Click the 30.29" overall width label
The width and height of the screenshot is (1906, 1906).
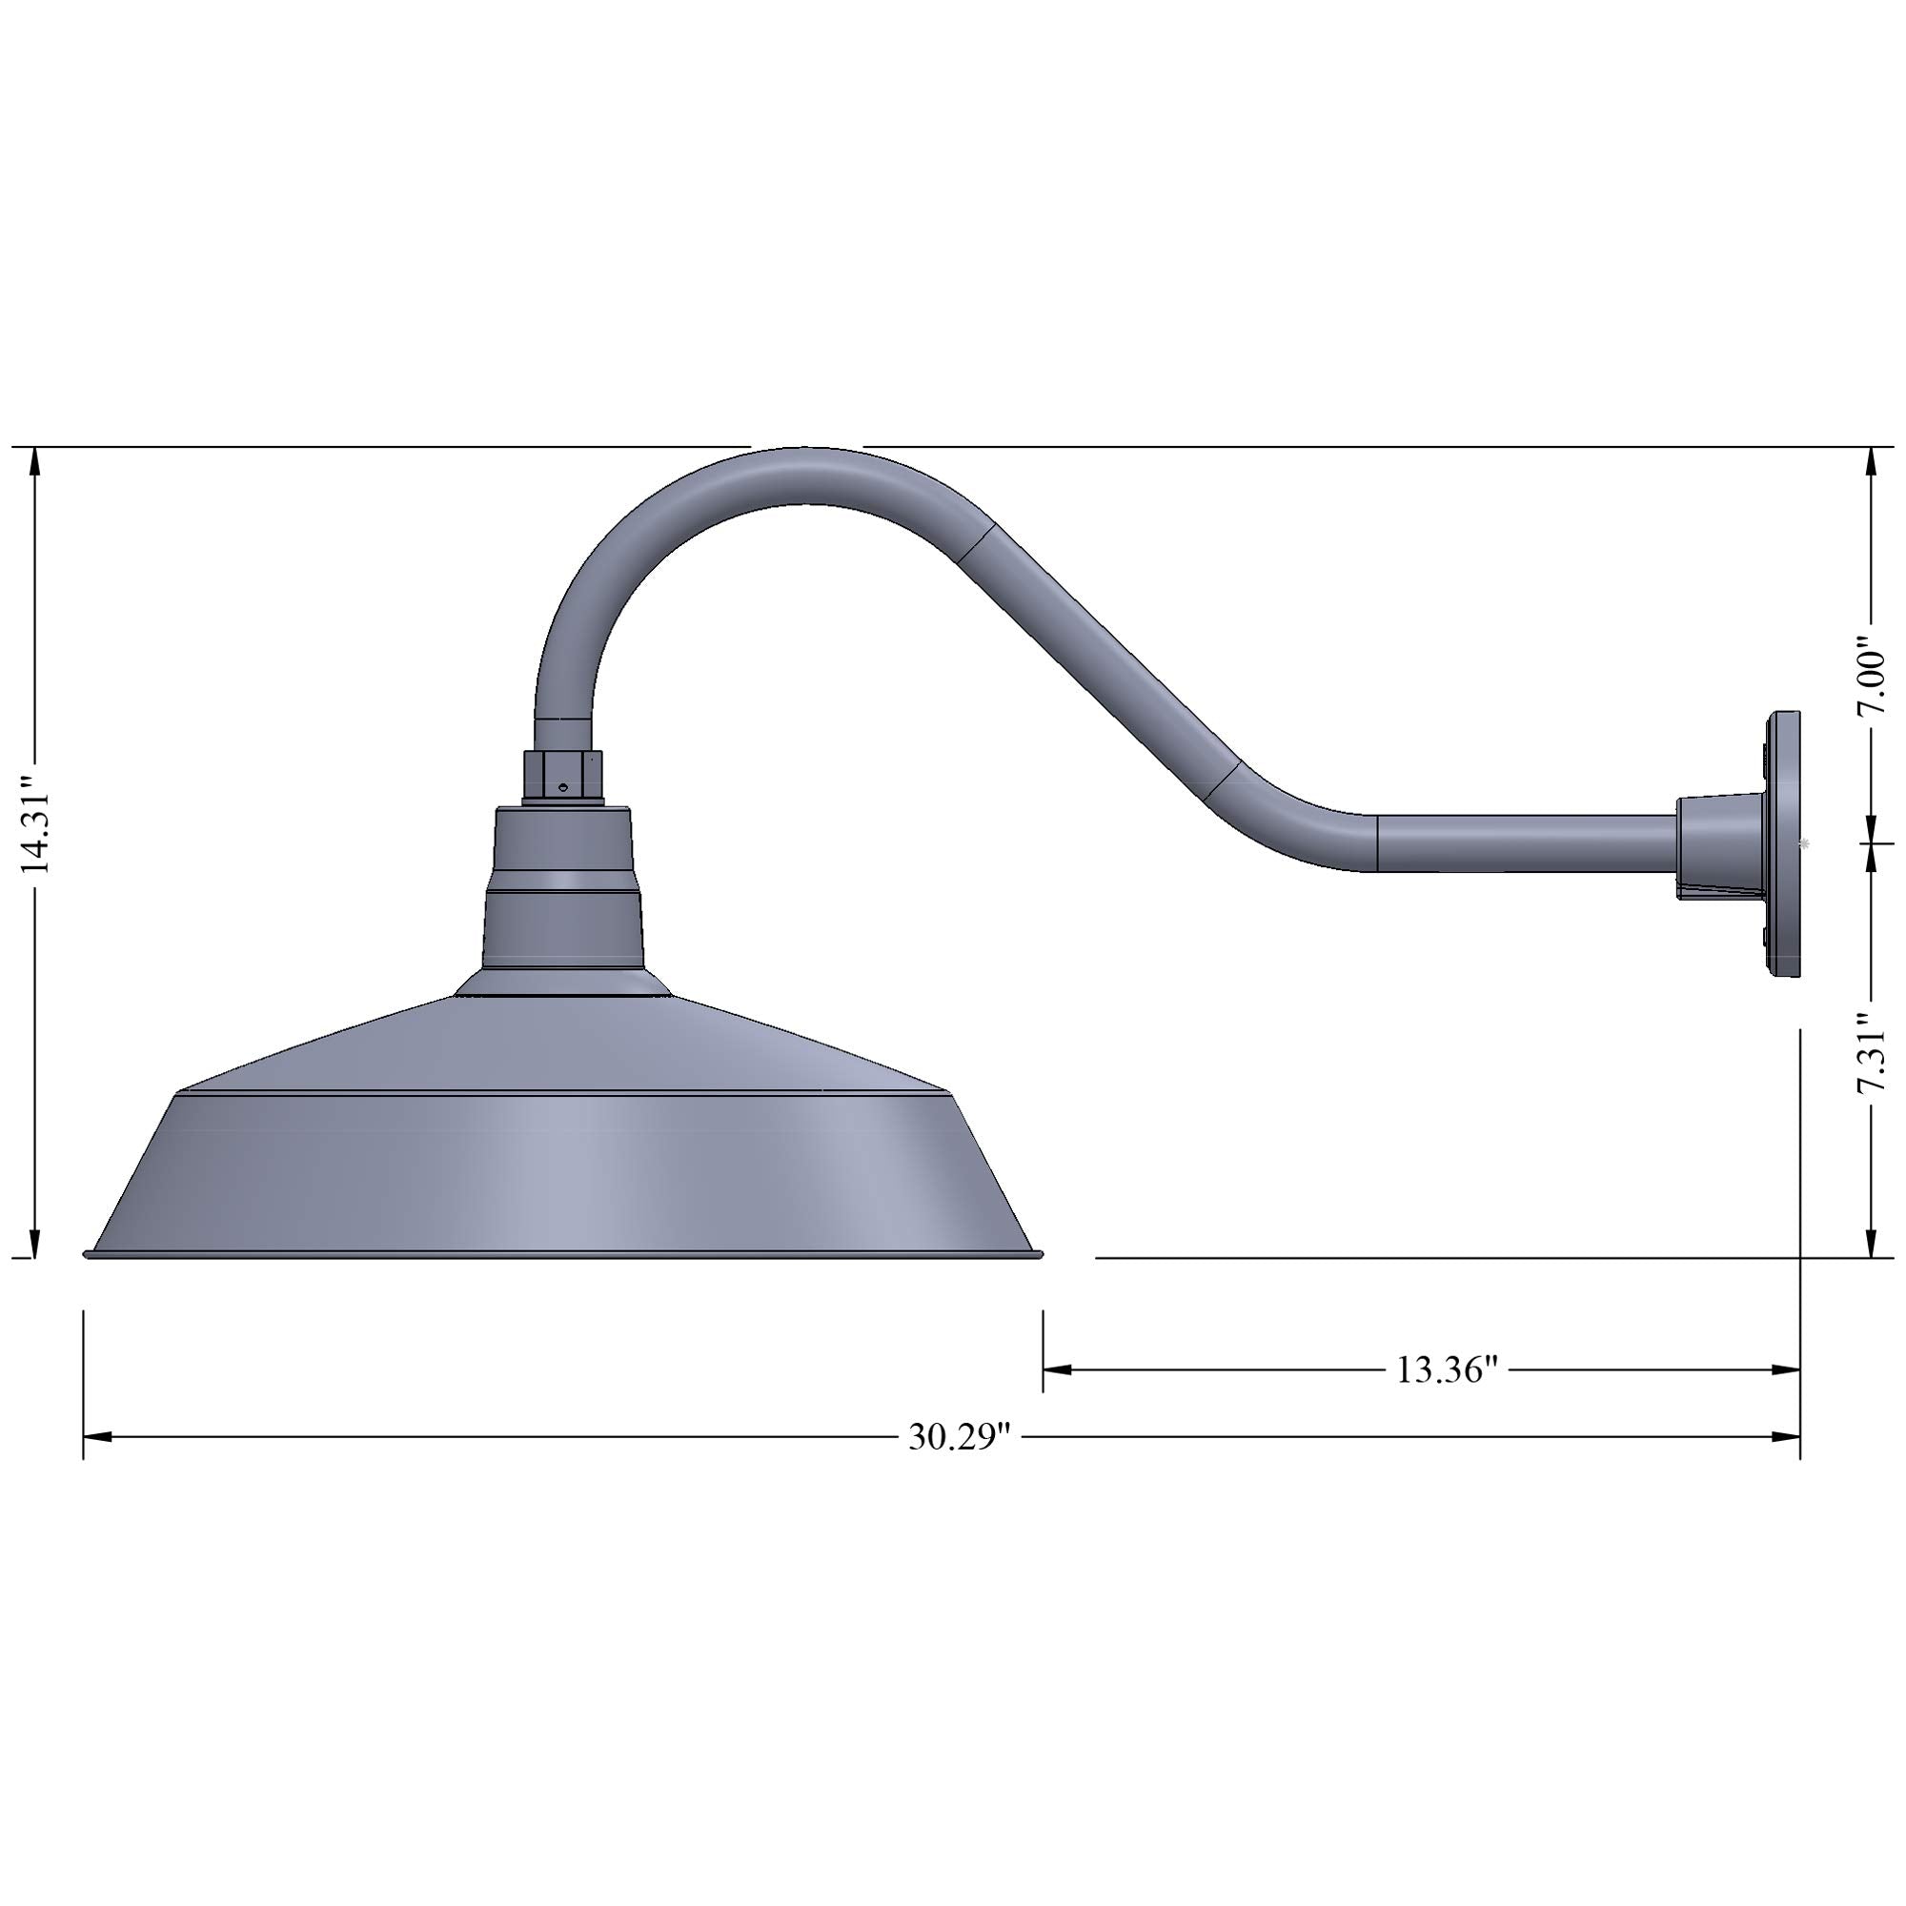[960, 1437]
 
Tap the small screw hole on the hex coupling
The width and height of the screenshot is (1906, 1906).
[560, 788]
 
